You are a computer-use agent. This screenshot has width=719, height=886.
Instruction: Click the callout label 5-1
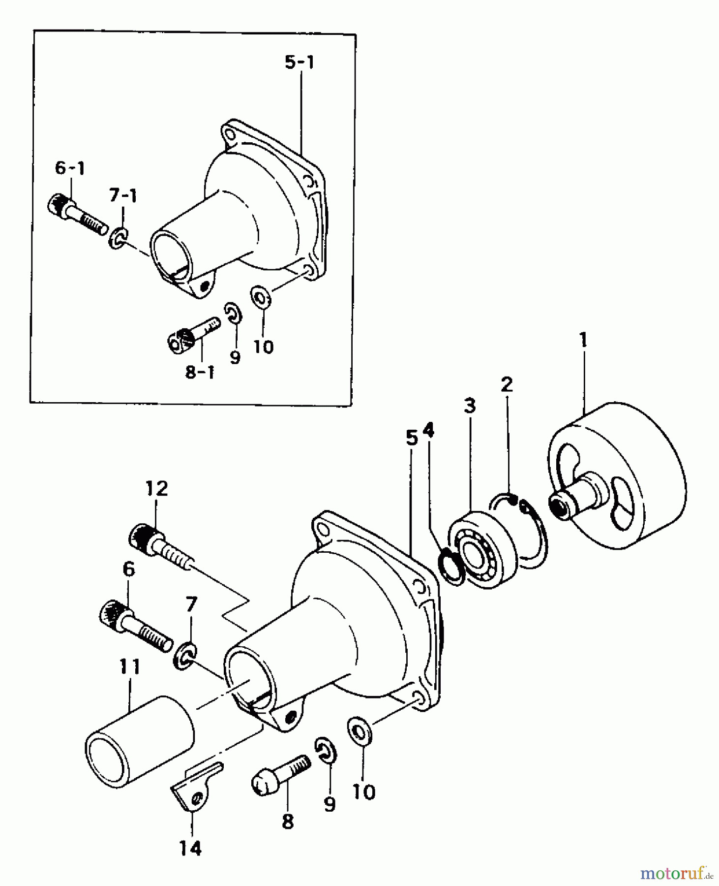tap(300, 63)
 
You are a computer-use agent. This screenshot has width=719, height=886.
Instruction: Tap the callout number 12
tap(156, 488)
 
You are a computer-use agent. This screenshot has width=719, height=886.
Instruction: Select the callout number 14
tap(190, 849)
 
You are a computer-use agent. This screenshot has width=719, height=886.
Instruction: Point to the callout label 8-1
tap(200, 372)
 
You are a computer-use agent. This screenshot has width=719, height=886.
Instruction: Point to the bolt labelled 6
tap(135, 627)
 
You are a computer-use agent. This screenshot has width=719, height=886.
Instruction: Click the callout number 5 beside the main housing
tap(412, 438)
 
